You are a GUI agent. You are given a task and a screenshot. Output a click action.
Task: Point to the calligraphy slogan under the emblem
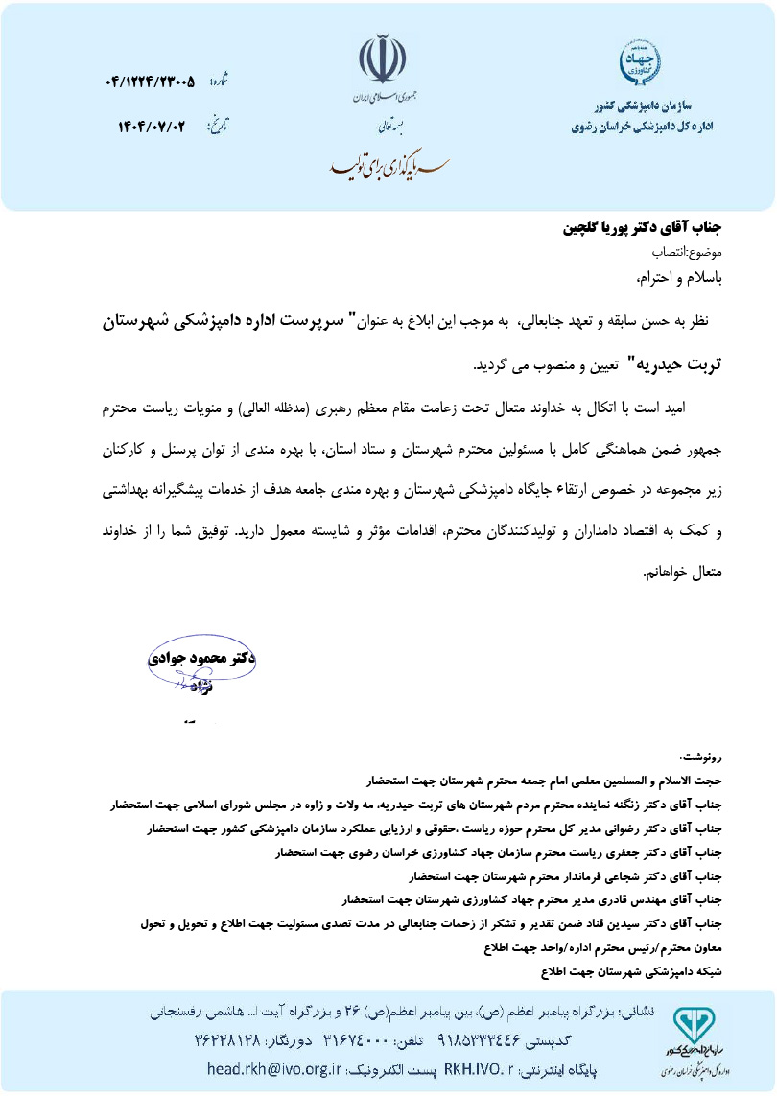click(382, 165)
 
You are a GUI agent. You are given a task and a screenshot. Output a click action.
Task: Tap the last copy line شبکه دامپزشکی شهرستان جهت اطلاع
click(630, 970)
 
